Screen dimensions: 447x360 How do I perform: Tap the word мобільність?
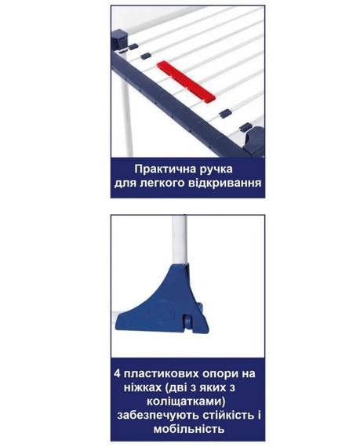pyautogui.click(x=187, y=430)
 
